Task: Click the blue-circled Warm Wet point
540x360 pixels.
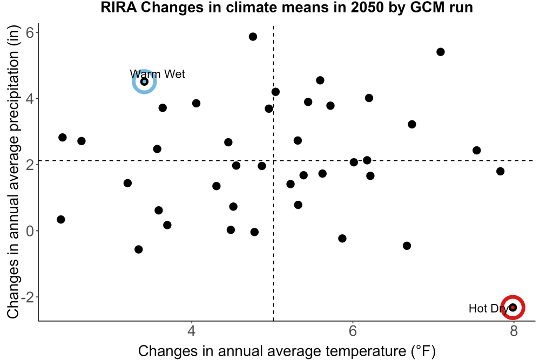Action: [x=145, y=81]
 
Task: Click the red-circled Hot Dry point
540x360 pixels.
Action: [x=513, y=307]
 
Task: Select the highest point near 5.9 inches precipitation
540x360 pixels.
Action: [x=253, y=37]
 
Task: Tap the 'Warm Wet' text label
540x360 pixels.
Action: [x=157, y=74]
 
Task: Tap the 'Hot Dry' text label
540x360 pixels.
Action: [x=489, y=308]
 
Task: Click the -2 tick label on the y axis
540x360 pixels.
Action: [x=27, y=297]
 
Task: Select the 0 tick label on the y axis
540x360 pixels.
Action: [x=30, y=231]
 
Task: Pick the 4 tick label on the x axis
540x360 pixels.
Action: [x=192, y=331]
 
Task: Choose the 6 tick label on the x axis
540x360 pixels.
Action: [x=352, y=331]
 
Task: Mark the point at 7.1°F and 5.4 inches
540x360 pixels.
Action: [x=440, y=52]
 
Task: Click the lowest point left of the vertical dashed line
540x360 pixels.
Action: [x=138, y=249]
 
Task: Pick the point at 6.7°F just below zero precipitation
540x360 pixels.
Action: [x=407, y=246]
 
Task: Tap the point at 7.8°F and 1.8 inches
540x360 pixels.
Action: [x=501, y=171]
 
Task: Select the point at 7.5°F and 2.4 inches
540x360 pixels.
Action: [x=477, y=151]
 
